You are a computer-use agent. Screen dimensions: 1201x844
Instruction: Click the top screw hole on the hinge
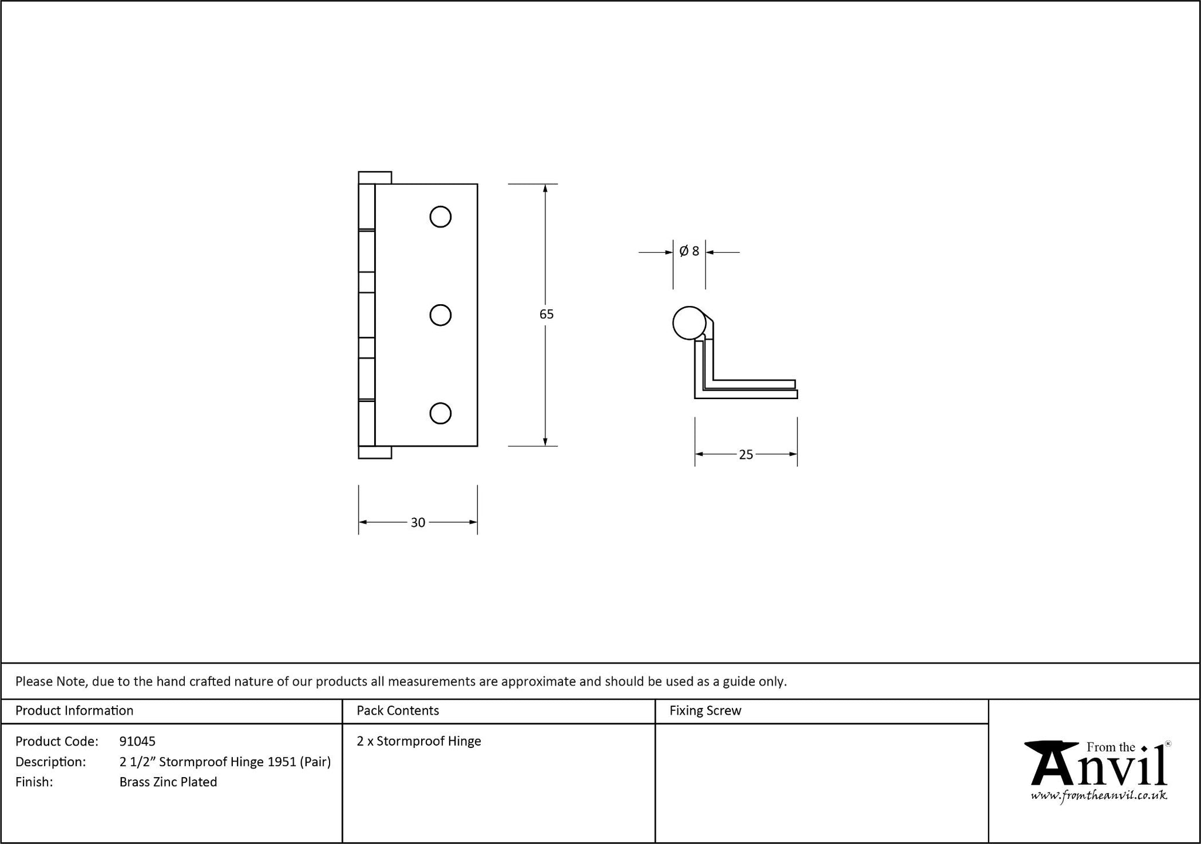[440, 217]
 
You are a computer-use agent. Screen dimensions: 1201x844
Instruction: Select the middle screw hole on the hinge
[440, 315]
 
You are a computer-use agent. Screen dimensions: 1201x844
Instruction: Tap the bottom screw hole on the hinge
[440, 413]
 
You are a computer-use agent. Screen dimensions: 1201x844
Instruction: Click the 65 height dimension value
[547, 314]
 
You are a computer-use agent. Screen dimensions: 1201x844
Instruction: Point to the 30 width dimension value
[418, 523]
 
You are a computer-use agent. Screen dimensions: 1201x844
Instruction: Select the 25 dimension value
[746, 455]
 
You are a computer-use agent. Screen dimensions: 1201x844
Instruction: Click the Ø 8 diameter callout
[689, 251]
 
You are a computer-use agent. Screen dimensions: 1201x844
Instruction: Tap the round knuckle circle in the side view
[689, 323]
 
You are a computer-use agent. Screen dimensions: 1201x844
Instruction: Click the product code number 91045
[137, 741]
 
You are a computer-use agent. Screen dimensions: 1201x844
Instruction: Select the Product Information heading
[74, 710]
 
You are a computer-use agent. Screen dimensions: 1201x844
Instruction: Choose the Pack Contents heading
[398, 710]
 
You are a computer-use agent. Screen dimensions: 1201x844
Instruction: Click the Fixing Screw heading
[705, 711]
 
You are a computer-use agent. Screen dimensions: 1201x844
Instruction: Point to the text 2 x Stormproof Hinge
[419, 741]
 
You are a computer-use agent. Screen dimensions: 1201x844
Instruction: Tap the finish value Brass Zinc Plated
[168, 782]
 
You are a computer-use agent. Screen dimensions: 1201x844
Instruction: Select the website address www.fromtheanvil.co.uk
[1099, 795]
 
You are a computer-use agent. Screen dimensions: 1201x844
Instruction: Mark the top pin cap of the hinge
[375, 178]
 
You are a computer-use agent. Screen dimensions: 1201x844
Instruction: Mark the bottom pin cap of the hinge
[375, 452]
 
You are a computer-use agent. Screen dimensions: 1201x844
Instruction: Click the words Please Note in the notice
[52, 682]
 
